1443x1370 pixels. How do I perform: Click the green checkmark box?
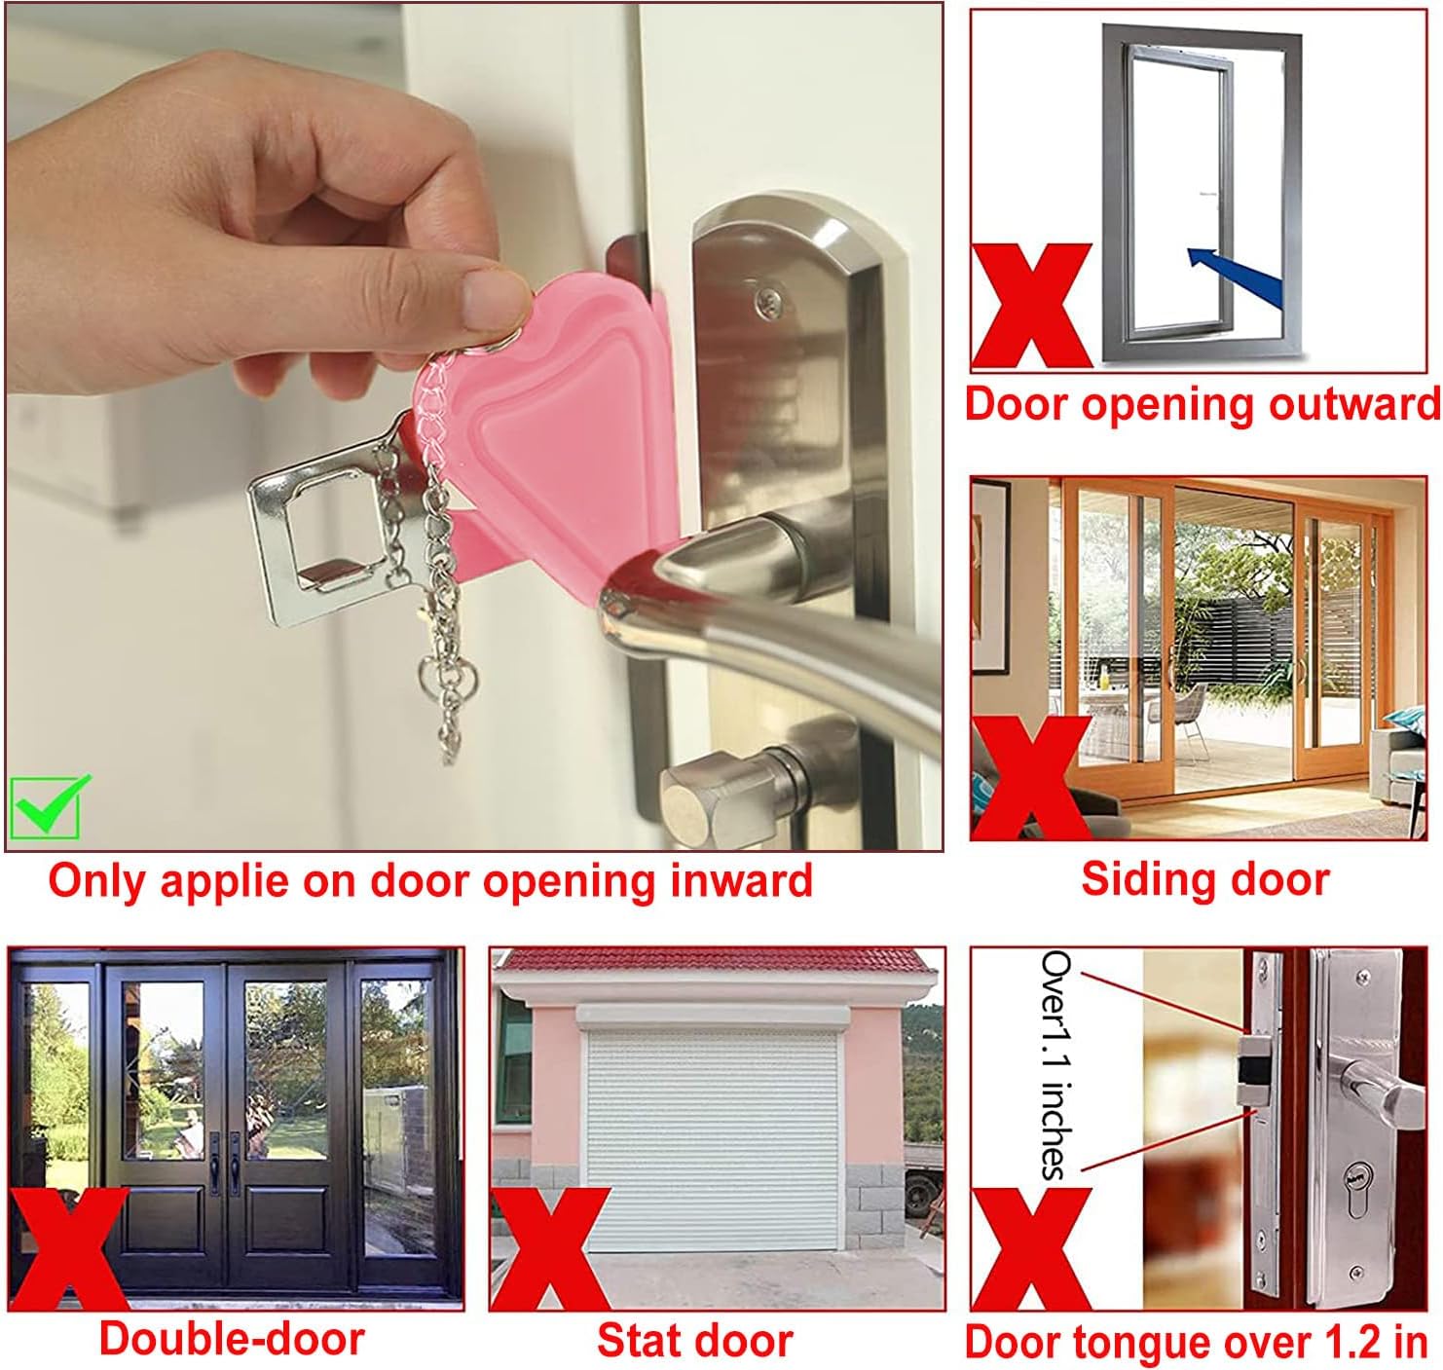[x=45, y=807]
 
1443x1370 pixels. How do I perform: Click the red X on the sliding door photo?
[x=1031, y=778]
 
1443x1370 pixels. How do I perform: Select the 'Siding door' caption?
[x=1205, y=879]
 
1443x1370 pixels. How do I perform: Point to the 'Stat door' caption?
[x=695, y=1339]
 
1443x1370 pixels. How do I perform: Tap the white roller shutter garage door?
[x=712, y=1134]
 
